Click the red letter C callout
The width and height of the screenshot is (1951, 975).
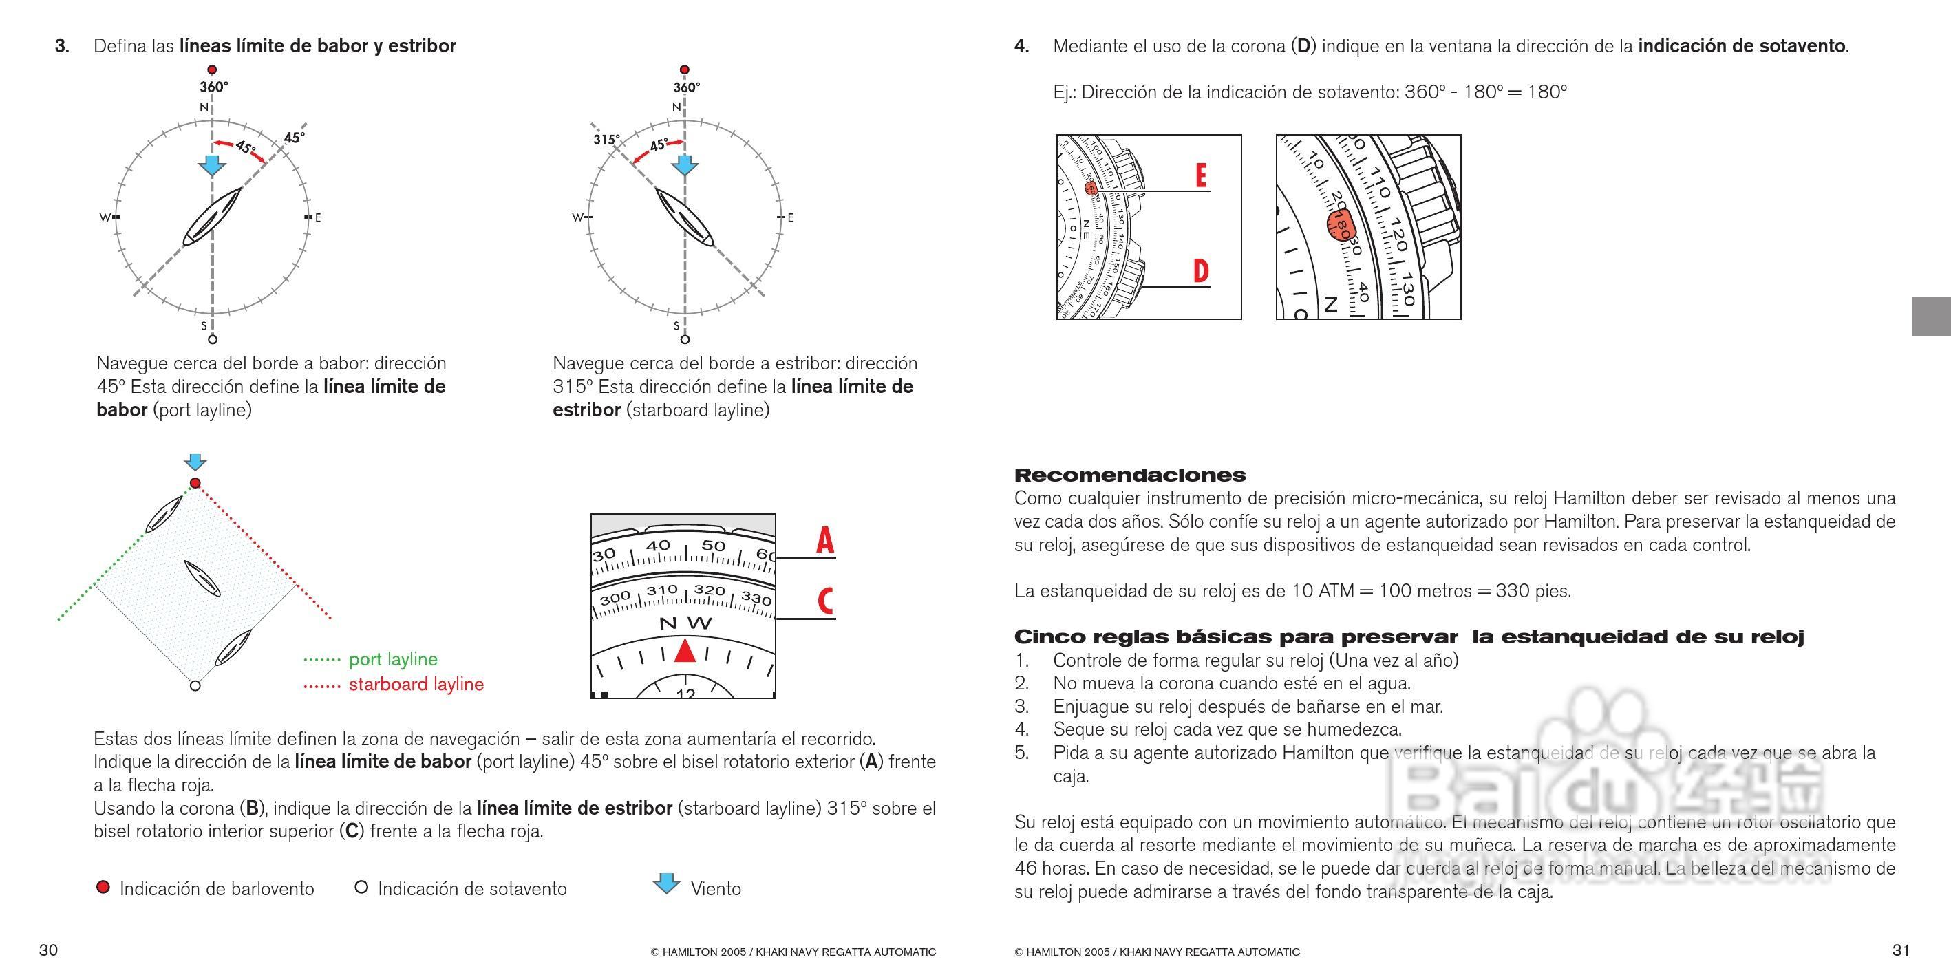[x=824, y=601]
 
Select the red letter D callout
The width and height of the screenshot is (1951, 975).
[x=1200, y=271]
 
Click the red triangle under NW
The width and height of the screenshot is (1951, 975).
[x=685, y=650]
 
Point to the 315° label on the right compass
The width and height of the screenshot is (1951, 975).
[x=605, y=139]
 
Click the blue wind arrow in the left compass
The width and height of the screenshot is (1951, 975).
[x=211, y=165]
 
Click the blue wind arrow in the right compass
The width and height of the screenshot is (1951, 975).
[x=685, y=165]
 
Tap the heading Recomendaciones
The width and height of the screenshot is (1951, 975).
[x=1129, y=475]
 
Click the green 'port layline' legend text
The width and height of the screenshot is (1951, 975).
[x=393, y=659]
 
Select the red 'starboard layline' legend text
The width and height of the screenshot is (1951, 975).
[x=416, y=685]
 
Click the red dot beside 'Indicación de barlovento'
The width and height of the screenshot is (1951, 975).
[x=103, y=887]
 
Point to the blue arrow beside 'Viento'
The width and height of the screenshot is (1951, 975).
[x=665, y=883]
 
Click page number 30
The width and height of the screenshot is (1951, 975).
[x=48, y=950]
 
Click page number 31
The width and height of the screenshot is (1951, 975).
[x=1901, y=950]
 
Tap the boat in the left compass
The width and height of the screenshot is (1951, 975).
[x=212, y=217]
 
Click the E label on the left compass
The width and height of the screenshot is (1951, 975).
[x=318, y=218]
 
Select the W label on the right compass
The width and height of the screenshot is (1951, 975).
[x=577, y=218]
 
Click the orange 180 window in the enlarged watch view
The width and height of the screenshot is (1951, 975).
[x=1339, y=226]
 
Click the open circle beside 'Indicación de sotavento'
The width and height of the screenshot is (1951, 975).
[x=361, y=887]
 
